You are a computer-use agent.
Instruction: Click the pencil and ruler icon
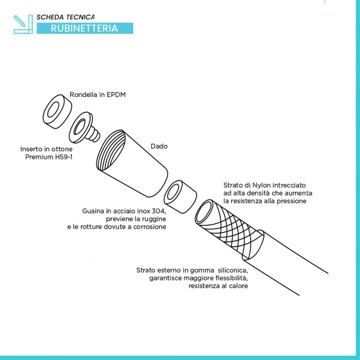click(x=23, y=24)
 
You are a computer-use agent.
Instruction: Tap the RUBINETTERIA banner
click(x=85, y=28)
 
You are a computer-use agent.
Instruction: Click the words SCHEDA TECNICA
click(x=65, y=17)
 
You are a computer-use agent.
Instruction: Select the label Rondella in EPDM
click(x=98, y=94)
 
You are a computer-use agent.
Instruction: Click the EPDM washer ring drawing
click(x=58, y=112)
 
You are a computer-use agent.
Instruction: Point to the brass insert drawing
click(x=84, y=127)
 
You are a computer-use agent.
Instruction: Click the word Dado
click(x=159, y=146)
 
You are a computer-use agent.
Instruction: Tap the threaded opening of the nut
click(x=111, y=150)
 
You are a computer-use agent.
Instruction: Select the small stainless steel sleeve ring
click(x=180, y=197)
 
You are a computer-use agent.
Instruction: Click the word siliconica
click(x=233, y=270)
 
